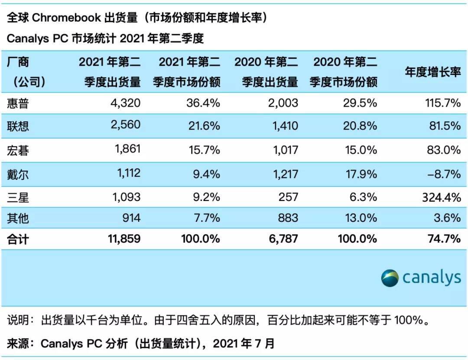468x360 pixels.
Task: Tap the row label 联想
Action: click(18, 126)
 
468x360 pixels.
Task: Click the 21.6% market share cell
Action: click(202, 126)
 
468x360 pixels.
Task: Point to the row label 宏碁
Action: click(18, 150)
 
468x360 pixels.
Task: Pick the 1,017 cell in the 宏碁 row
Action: click(282, 150)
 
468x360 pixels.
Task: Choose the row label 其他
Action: click(18, 217)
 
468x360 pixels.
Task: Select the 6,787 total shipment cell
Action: click(281, 238)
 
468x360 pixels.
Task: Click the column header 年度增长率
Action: click(432, 72)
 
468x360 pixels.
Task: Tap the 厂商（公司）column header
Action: click(26, 72)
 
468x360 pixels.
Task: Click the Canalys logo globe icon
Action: click(390, 278)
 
